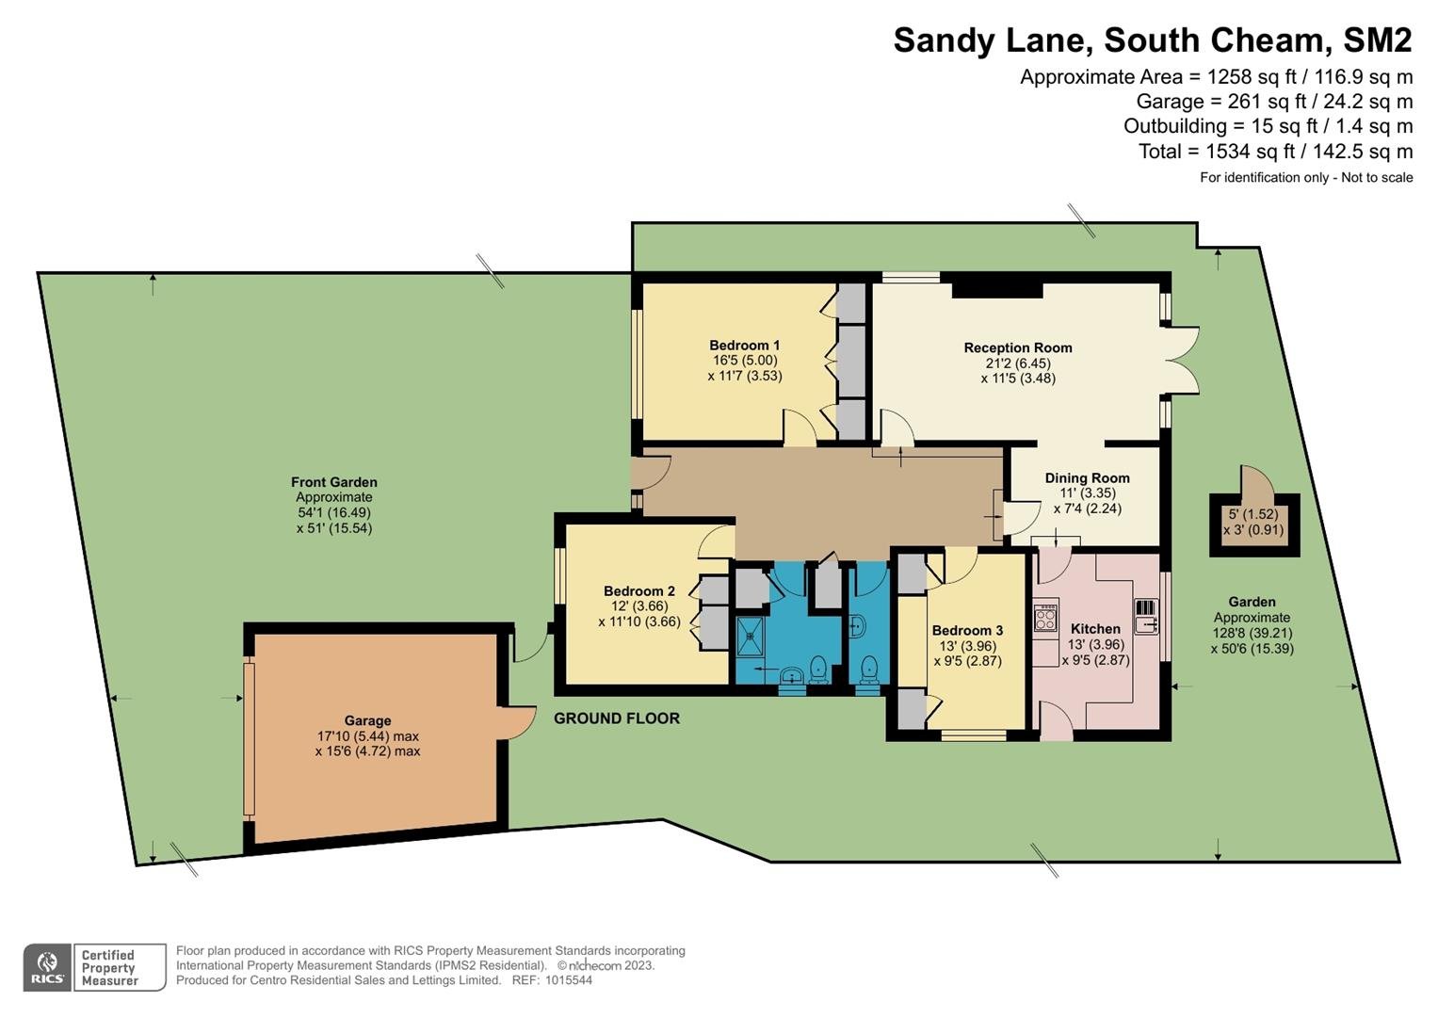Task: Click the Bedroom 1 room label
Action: pos(745,346)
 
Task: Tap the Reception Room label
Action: pos(1018,348)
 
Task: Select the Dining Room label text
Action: pos(1088,478)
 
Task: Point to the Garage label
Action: pos(367,721)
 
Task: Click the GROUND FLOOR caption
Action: pos(617,718)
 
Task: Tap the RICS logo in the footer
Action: pos(47,968)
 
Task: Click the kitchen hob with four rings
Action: pos(1045,618)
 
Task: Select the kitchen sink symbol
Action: pos(1147,617)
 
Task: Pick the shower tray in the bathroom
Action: pos(750,637)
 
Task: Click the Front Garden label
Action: pos(333,482)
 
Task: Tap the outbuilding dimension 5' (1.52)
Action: pos(1253,514)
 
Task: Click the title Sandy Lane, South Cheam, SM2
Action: pos(1153,40)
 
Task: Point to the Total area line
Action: pos(1276,152)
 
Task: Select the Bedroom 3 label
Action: pos(967,631)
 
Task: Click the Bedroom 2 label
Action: pos(639,590)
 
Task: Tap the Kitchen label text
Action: pos(1095,629)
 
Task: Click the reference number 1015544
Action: pos(568,980)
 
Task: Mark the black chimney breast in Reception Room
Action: pos(997,290)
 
